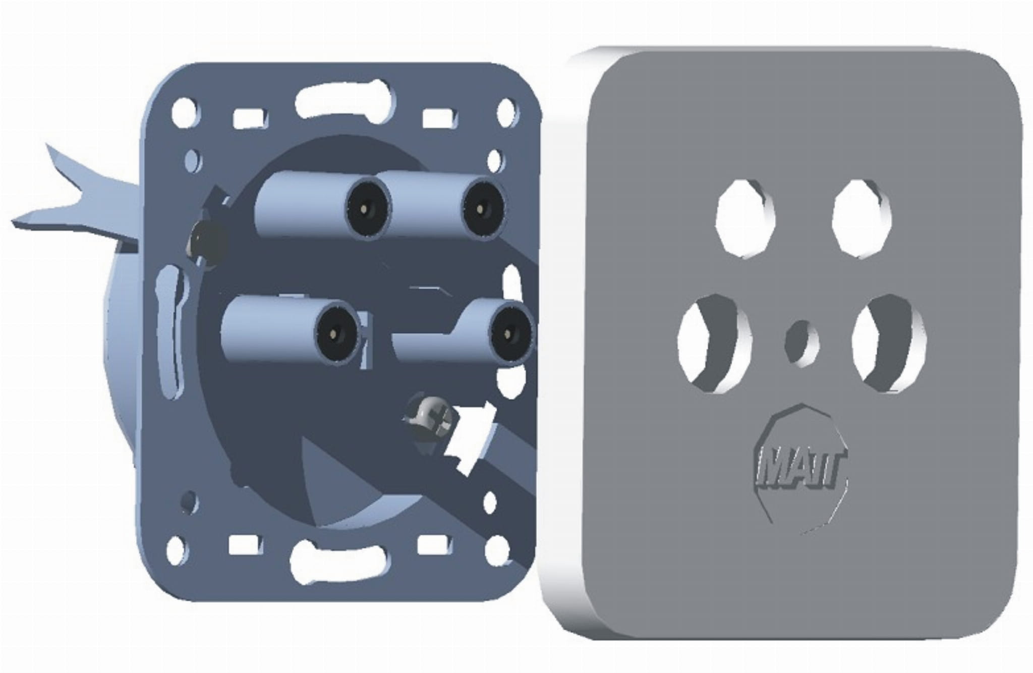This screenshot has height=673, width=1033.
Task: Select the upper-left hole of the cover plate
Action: pyautogui.click(x=745, y=218)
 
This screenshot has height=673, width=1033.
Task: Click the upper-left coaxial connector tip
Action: pyautogui.click(x=368, y=208)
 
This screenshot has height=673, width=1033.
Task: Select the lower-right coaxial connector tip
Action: pyautogui.click(x=512, y=330)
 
